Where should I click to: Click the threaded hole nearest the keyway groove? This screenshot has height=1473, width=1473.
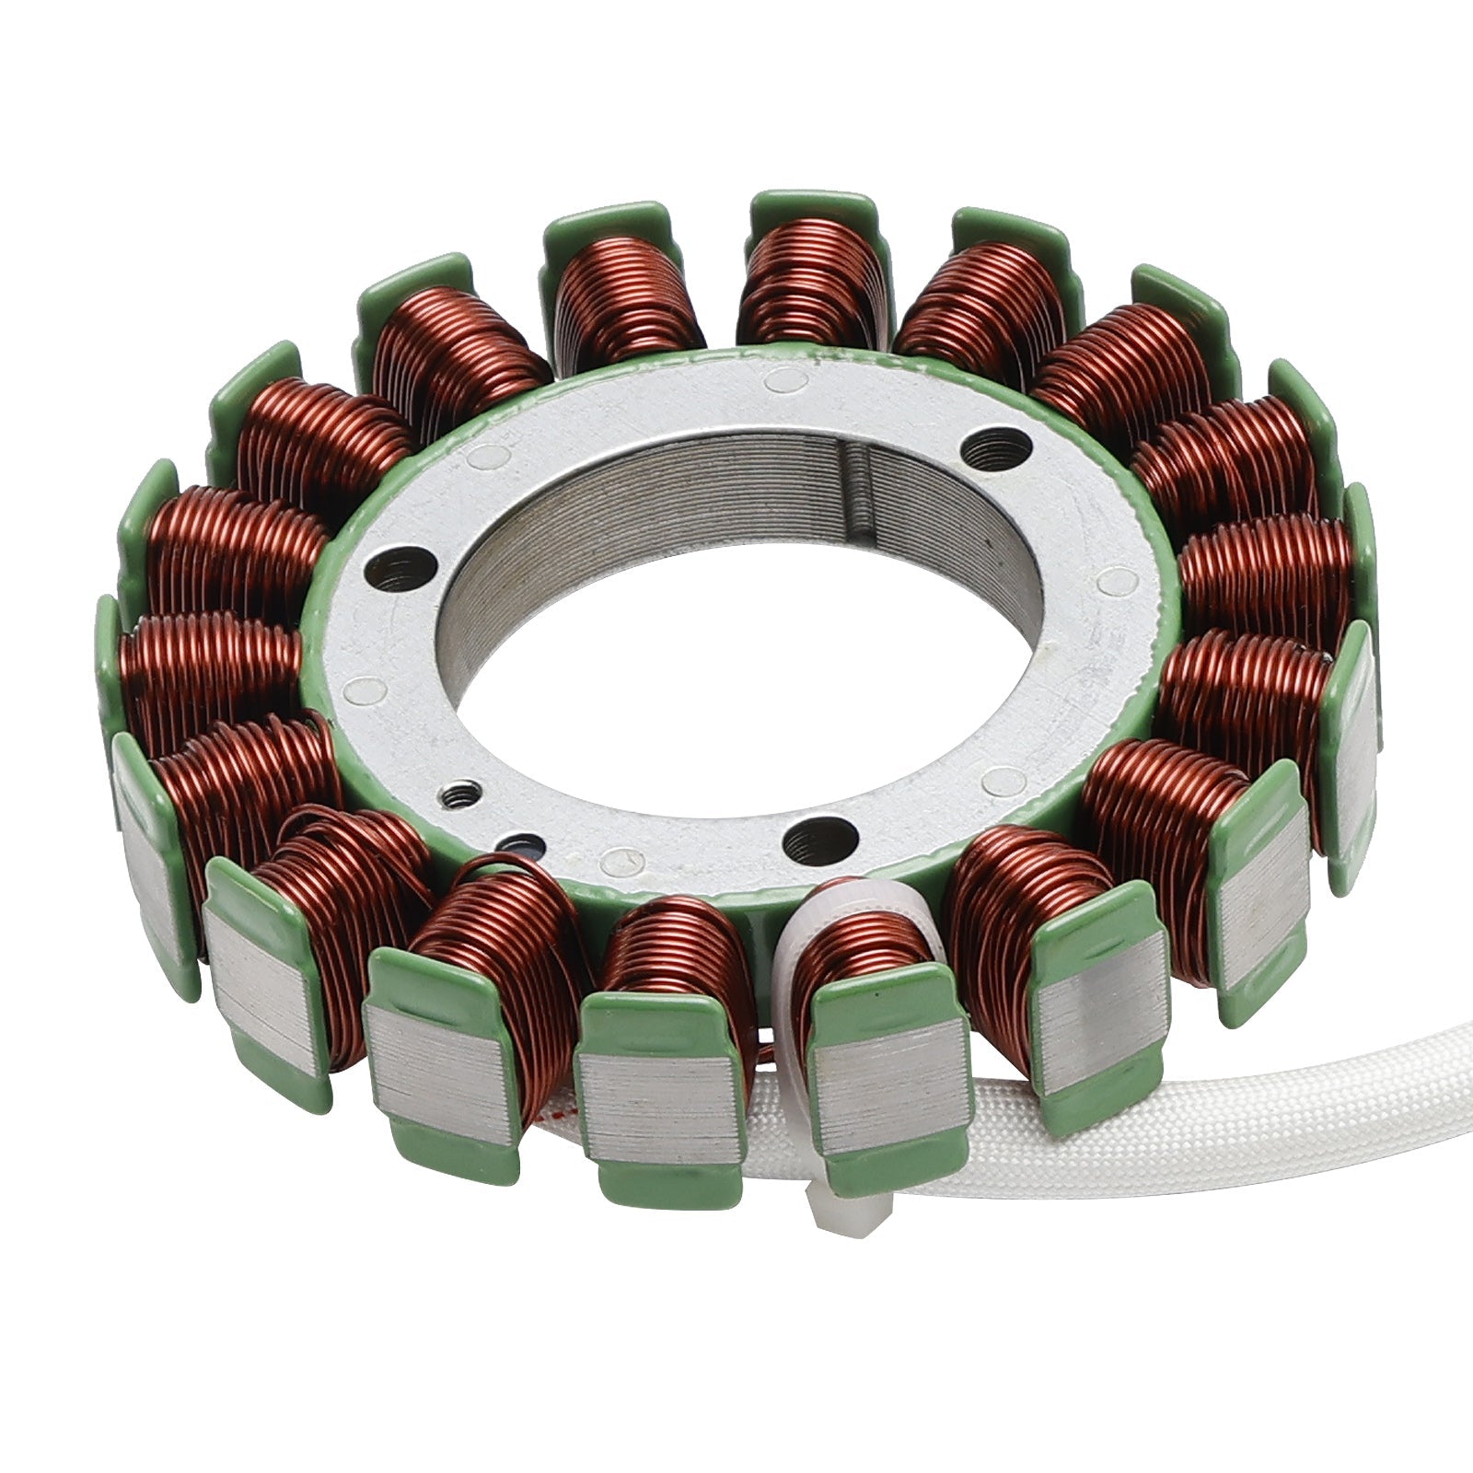[x=995, y=451]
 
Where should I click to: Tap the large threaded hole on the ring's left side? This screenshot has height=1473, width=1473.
[x=400, y=569]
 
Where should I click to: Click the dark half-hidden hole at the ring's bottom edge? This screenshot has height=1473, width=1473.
[x=522, y=844]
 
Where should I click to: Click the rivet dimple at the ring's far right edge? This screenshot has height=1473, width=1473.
[x=1118, y=580]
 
